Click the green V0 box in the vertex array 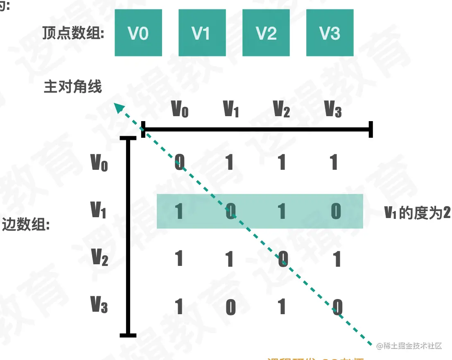(x=138, y=33)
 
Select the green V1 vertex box (x=202, y=33)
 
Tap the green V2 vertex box (x=266, y=33)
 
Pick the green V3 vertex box (x=330, y=33)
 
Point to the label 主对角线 (x=72, y=87)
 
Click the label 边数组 (x=25, y=225)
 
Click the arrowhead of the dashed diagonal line (x=118, y=107)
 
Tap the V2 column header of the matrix (x=281, y=109)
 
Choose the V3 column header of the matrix (x=333, y=109)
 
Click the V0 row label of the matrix (x=99, y=162)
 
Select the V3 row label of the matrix (x=99, y=304)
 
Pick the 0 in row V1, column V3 (x=336, y=211)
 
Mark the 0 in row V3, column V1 (x=231, y=307)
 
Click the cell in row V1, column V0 (x=179, y=211)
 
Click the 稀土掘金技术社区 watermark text (x=409, y=346)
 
